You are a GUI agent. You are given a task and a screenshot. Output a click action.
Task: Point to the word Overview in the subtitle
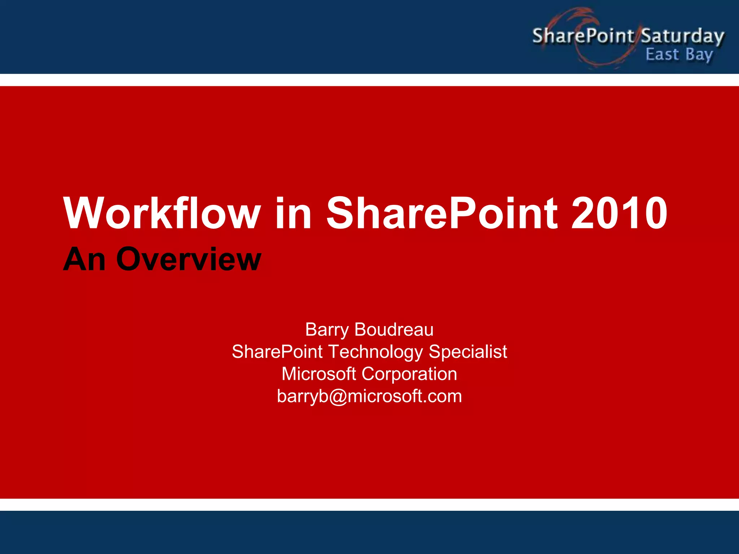[x=188, y=259]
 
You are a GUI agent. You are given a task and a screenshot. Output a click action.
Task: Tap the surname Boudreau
[x=394, y=330]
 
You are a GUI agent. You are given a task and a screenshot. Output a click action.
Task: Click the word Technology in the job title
[x=376, y=352]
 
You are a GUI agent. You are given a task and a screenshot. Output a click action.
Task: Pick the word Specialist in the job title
[x=468, y=352]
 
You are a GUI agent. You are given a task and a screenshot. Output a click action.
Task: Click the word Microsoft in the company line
[x=319, y=374]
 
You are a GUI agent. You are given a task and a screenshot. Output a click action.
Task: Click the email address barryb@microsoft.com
[x=369, y=396]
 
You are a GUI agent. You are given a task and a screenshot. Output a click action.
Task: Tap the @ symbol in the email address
[x=338, y=397]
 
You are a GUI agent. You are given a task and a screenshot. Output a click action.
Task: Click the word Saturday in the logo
[x=682, y=36]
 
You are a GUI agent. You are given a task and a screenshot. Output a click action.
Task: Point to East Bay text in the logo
[x=679, y=55]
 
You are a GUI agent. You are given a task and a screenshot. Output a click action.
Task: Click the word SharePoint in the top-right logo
[x=583, y=36]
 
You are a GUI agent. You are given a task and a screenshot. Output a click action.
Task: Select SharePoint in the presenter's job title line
[x=277, y=352]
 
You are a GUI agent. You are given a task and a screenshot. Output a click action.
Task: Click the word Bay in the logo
[x=699, y=55]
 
